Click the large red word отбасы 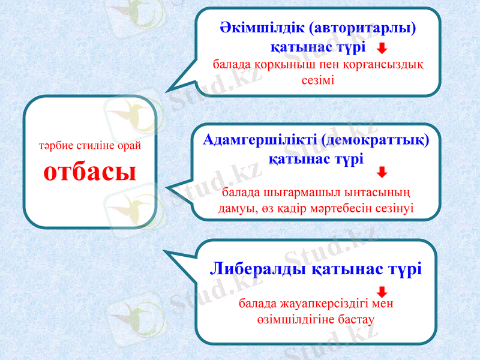click(90, 172)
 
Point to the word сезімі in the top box click(319, 79)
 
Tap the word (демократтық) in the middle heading click(376, 140)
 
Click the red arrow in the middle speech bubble click(382, 173)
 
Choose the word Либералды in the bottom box click(259, 269)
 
